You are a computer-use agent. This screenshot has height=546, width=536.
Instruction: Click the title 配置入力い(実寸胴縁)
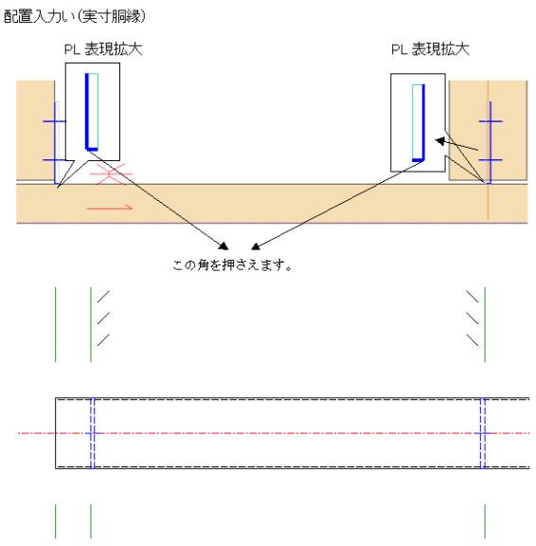[x=75, y=16]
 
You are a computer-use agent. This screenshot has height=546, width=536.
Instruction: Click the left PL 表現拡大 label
[x=103, y=49]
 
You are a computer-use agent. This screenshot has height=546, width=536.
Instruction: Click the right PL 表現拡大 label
[x=430, y=49]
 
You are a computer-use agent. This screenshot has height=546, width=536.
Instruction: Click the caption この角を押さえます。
[x=232, y=265]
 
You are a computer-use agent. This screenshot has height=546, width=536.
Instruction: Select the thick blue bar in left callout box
[x=87, y=112]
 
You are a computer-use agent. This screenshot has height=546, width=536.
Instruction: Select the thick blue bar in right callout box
[x=423, y=122]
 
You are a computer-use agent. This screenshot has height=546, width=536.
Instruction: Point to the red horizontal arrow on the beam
[x=110, y=208]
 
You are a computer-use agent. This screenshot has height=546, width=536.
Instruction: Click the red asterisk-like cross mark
[x=112, y=173]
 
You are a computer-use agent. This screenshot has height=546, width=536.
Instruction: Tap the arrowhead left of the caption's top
[x=223, y=246]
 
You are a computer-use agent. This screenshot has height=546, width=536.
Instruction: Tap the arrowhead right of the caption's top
[x=256, y=246]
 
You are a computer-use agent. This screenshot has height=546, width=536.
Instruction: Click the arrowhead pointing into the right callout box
[x=440, y=141]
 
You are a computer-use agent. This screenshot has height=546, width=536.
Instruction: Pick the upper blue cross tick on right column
[x=491, y=121]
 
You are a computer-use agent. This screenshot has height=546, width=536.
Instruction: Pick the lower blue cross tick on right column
[x=491, y=160]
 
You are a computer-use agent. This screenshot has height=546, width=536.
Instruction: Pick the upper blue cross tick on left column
[x=55, y=121]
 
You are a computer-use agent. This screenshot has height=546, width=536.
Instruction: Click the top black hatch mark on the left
[x=103, y=297]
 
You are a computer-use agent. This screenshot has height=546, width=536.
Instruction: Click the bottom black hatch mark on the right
[x=473, y=340]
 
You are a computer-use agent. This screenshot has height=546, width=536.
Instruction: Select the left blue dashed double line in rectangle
[x=92, y=433]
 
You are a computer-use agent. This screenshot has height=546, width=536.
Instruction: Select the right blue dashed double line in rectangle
[x=483, y=433]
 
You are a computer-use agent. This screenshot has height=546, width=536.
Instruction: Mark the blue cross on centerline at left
[x=93, y=433]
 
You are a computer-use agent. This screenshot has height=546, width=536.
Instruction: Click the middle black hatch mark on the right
[x=473, y=318]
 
